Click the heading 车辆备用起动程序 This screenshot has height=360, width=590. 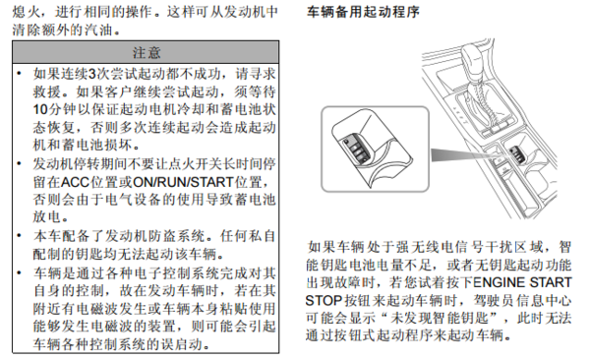(x=363, y=12)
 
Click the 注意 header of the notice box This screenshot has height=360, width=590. (x=146, y=53)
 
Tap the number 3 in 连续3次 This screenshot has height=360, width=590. (x=91, y=74)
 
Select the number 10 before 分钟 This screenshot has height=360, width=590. (x=40, y=109)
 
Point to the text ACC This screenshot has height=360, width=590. (x=76, y=182)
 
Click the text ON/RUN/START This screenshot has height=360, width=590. (x=183, y=182)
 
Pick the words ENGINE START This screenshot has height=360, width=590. (x=522, y=282)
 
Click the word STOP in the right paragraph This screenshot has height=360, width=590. (x=324, y=301)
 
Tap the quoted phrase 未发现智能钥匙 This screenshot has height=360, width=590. (x=440, y=319)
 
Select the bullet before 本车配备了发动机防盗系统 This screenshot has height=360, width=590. (x=20, y=236)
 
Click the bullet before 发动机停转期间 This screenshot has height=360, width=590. (x=20, y=164)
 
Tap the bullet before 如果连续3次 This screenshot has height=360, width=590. (x=20, y=74)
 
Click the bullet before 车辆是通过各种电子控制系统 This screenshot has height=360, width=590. (x=20, y=272)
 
